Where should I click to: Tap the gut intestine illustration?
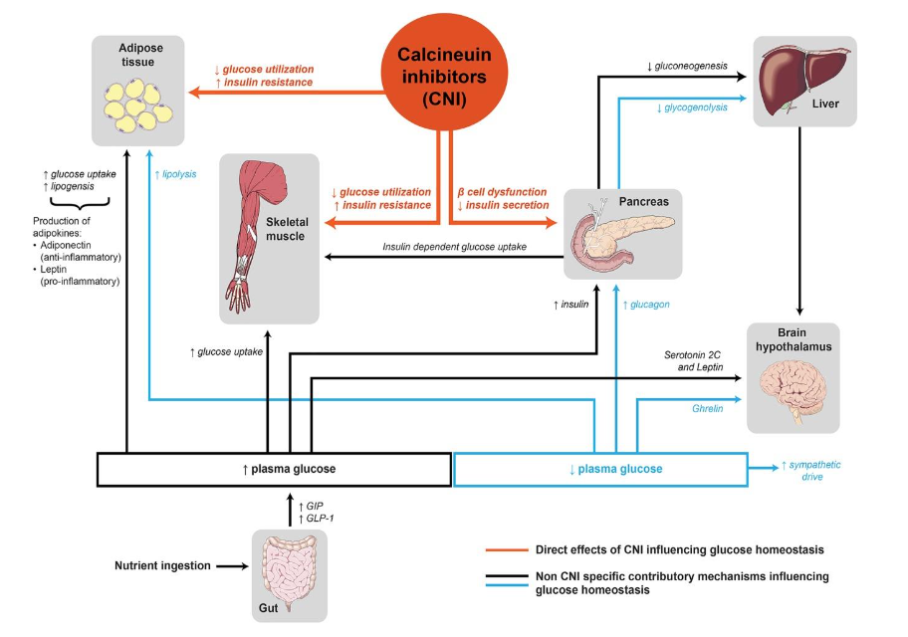(x=289, y=572)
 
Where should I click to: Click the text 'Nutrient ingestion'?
(x=161, y=566)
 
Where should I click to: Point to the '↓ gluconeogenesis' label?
(x=686, y=67)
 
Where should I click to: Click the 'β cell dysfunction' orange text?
(x=503, y=191)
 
